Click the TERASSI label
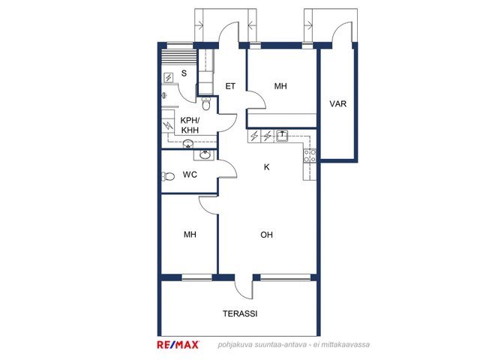pos(240,313)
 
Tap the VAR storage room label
pos(338,103)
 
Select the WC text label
pos(190,175)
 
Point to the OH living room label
pos(266,235)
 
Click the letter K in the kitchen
pos(267,167)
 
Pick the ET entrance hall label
pos(230,86)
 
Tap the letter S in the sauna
pos(184,73)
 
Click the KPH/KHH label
pos(190,125)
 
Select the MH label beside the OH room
pos(190,235)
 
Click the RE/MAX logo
pos(178,345)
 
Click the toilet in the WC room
pos(168,176)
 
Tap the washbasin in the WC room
pos(205,155)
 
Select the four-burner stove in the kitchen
pos(310,155)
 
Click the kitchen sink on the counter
pos(281,136)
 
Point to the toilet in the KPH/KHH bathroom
pos(206,103)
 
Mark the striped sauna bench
pos(179,57)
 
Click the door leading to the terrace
pos(244,286)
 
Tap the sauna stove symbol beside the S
pos(169,77)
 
